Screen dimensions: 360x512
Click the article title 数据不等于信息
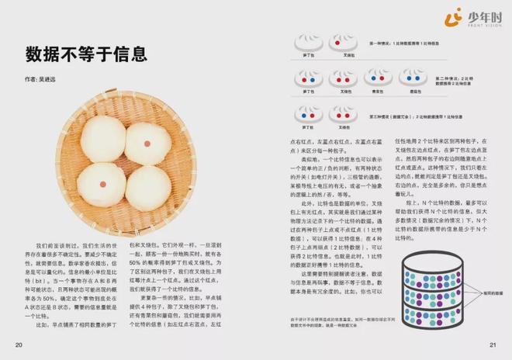(x=86, y=54)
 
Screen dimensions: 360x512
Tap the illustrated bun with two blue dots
(x=379, y=78)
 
